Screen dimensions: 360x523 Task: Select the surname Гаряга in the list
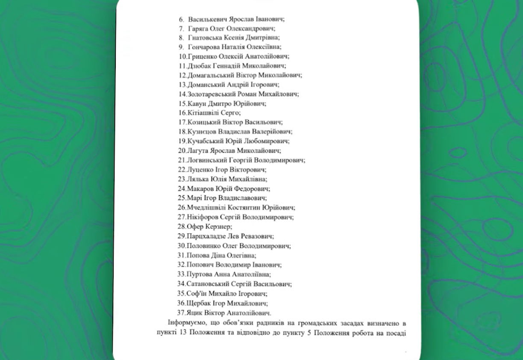click(197, 29)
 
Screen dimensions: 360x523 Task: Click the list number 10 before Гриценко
click(182, 56)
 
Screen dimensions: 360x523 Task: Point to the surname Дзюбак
click(199, 66)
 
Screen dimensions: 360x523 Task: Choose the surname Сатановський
click(207, 283)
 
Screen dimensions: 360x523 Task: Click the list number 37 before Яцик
click(182, 313)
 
